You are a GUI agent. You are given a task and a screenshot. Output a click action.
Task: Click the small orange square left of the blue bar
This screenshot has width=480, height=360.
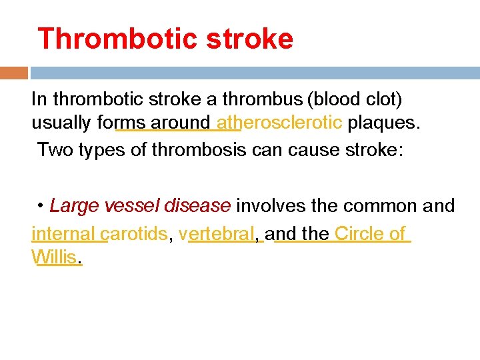click(14, 73)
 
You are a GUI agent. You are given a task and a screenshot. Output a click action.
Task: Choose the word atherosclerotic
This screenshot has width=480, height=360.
click(279, 123)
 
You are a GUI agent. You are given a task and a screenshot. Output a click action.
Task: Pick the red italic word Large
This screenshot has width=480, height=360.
click(73, 206)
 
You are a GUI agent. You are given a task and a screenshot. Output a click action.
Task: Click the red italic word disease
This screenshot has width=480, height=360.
click(197, 206)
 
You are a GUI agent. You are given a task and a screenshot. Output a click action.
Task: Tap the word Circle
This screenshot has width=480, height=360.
click(359, 234)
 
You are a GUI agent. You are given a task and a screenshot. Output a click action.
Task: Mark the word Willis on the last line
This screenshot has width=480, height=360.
click(55, 257)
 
